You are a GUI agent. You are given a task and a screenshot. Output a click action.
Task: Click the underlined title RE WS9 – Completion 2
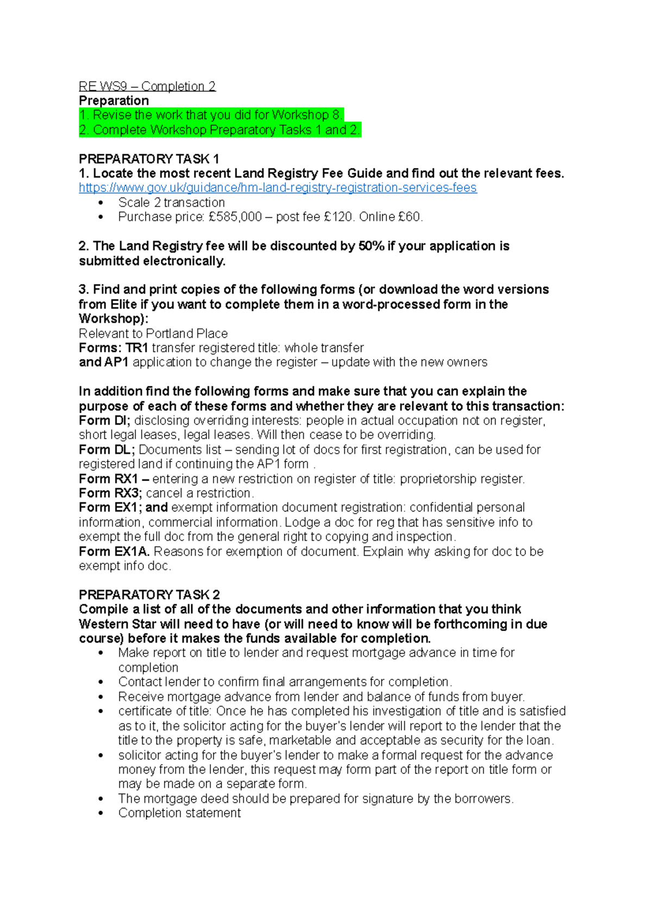click(147, 86)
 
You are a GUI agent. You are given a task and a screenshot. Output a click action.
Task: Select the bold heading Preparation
click(114, 101)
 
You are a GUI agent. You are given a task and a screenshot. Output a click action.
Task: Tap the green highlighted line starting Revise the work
click(211, 115)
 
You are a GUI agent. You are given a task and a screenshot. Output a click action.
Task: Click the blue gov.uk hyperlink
click(278, 188)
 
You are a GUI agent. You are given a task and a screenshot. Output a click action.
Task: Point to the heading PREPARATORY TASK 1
click(148, 159)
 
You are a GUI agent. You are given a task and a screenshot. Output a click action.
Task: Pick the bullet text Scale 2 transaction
click(171, 202)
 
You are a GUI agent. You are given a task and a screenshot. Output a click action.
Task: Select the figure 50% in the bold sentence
click(371, 246)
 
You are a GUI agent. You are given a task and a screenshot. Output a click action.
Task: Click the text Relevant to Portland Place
click(153, 333)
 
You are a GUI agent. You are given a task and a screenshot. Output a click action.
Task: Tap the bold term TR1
click(137, 348)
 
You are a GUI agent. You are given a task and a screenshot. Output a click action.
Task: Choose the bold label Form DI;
click(104, 421)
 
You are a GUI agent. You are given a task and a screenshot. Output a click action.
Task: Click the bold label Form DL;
click(106, 450)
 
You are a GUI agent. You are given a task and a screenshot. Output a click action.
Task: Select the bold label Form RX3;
click(110, 493)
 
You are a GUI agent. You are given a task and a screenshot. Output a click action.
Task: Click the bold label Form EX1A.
click(114, 551)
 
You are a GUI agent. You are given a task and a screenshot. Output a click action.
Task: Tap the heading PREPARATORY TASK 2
click(149, 595)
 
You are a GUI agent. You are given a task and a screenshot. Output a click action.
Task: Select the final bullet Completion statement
click(179, 813)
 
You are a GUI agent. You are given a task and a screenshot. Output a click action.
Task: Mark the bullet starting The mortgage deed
click(315, 799)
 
